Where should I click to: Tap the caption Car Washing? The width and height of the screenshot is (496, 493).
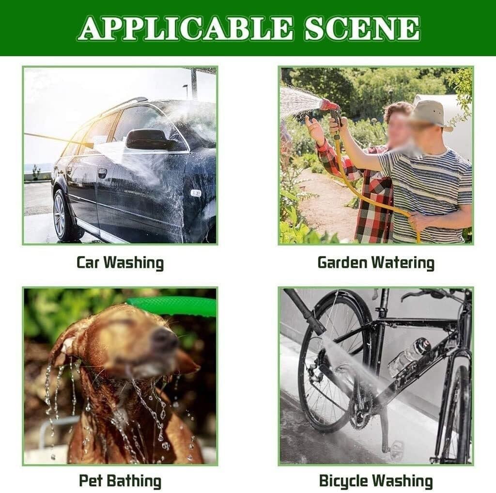[x=120, y=262]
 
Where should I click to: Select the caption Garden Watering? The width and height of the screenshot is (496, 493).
[x=376, y=262]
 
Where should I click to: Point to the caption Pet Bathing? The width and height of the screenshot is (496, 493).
[x=120, y=481]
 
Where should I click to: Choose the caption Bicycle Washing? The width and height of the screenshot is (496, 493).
[x=376, y=481]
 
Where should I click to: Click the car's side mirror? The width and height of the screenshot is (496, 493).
[x=145, y=139]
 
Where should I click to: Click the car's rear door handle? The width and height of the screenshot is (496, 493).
[x=102, y=173]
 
